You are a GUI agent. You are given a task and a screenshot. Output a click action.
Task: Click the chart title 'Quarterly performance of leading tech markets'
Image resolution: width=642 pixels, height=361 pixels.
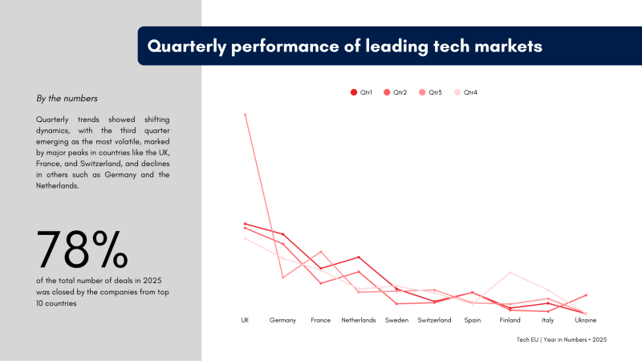[x=344, y=47]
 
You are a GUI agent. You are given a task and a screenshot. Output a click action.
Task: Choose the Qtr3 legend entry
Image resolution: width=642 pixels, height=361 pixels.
[x=430, y=92]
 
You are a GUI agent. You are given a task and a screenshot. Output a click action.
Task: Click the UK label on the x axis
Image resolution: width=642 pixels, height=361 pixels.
[x=245, y=320]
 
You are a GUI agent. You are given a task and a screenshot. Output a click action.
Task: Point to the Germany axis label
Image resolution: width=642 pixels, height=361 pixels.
[x=282, y=320]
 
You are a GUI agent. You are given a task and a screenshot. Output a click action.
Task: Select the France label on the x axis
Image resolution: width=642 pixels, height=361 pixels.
[x=320, y=320]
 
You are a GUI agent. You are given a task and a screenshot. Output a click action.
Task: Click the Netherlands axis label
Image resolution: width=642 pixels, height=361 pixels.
[x=359, y=320]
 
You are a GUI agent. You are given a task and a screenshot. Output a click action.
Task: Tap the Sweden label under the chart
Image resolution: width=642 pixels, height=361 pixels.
[x=396, y=320]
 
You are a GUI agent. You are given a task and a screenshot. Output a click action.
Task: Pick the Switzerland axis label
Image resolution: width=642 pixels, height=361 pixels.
[x=434, y=320]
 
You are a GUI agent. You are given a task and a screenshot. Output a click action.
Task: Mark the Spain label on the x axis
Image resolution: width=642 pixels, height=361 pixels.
[x=472, y=320]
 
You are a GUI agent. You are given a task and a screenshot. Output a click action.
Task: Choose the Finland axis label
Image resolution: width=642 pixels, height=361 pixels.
[x=510, y=320]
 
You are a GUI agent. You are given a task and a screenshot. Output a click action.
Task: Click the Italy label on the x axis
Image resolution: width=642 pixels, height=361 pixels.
[x=548, y=320]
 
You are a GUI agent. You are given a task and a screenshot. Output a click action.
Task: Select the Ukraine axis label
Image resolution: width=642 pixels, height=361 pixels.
[x=586, y=320]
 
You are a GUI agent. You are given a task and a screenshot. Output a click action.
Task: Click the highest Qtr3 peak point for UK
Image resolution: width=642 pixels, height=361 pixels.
[x=245, y=115]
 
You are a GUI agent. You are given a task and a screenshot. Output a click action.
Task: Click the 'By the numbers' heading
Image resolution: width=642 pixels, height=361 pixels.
[x=67, y=99]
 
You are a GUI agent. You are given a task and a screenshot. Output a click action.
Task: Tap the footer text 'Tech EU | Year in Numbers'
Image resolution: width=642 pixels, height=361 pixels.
[x=562, y=340]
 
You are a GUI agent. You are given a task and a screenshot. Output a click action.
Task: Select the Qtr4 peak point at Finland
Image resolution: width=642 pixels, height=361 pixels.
[x=510, y=273]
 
